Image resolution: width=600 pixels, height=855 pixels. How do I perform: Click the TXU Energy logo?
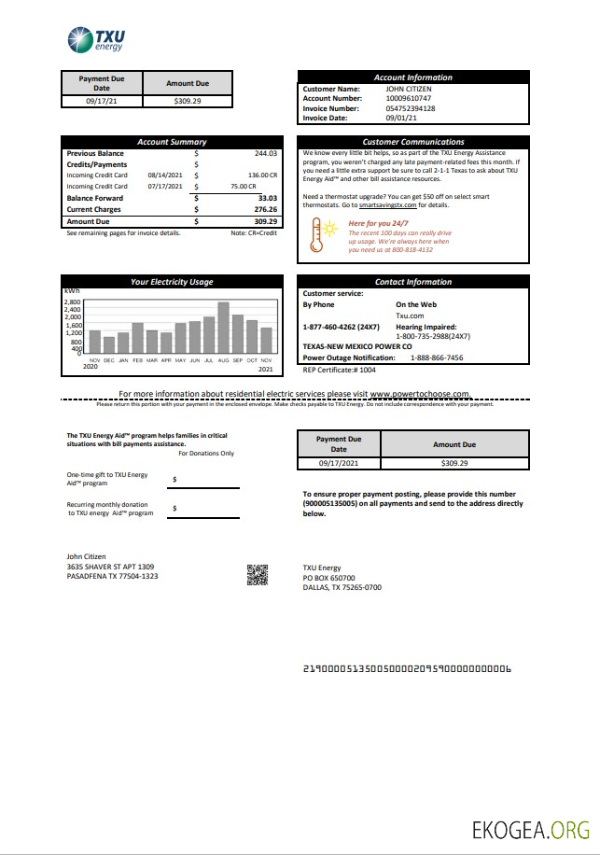click(x=96, y=40)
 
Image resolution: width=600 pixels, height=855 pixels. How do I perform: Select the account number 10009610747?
click(x=410, y=98)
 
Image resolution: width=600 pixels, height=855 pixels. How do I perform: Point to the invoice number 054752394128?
click(x=411, y=108)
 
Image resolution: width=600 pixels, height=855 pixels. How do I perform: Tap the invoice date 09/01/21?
click(x=401, y=119)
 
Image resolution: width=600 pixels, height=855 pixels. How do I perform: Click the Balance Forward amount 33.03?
click(x=267, y=198)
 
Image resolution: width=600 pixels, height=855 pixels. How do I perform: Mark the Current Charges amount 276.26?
click(x=266, y=209)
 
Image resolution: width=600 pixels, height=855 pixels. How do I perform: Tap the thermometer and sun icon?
click(x=326, y=235)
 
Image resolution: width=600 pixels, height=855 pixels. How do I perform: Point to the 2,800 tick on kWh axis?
click(x=73, y=302)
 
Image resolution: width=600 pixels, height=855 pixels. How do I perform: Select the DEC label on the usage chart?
click(x=108, y=359)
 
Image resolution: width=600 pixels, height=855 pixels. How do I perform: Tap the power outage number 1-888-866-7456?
click(x=437, y=357)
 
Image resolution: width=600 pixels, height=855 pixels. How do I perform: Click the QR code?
click(x=258, y=576)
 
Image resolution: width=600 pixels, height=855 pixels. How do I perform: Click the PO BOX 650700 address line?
click(x=328, y=578)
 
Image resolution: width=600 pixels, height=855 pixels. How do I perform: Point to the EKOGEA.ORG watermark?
click(x=532, y=830)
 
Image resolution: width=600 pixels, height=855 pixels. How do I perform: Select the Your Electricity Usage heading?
click(x=171, y=282)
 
